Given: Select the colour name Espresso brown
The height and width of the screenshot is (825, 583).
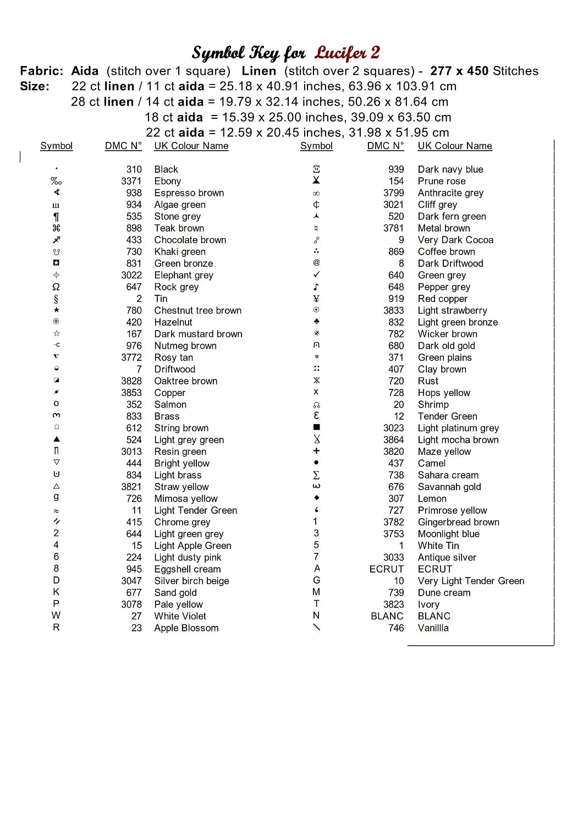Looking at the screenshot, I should tap(189, 193).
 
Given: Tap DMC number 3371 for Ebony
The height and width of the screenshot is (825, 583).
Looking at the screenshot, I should tap(131, 181).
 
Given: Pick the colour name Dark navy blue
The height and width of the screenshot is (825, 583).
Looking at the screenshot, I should tap(450, 169).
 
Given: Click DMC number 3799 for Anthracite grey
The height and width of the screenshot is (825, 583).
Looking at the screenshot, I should tap(393, 193).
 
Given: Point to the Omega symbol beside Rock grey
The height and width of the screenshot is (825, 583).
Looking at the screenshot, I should tap(56, 287).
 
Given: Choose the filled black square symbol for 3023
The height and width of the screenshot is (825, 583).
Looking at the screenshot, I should tap(316, 427).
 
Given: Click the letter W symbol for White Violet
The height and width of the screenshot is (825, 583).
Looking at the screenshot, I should tap(56, 615).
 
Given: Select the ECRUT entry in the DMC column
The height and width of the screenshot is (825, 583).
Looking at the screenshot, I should tap(386, 569).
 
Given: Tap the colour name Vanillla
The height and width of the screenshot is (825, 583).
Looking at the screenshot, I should tap(433, 628).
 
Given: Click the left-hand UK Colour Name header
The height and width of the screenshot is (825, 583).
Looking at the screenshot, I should tap(191, 146).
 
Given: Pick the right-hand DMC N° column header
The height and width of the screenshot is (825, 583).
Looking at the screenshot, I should tap(385, 146).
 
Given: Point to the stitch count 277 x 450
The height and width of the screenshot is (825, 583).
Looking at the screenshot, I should tap(459, 71).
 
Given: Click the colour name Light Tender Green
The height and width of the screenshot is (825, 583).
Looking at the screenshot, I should tap(195, 510).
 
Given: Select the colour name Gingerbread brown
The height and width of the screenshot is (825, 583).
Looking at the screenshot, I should tap(458, 522).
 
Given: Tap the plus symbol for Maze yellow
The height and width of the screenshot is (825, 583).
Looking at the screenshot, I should tap(316, 451).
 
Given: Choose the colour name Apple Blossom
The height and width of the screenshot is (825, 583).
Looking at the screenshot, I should tap(186, 628).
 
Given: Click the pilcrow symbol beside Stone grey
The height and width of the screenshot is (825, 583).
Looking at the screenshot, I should tap(56, 217).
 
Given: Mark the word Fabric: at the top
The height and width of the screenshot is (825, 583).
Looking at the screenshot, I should tap(42, 71).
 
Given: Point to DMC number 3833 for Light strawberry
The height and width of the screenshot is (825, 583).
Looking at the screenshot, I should tap(393, 311).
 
